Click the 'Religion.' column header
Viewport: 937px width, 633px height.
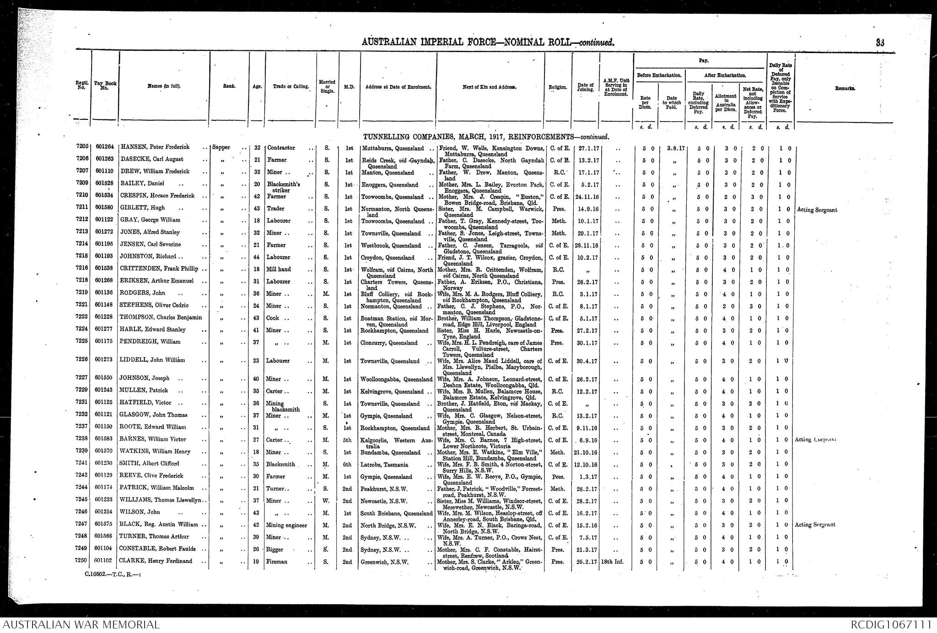[x=558, y=86]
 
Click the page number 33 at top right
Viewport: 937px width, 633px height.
[x=880, y=43]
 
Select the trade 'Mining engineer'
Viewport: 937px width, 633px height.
[x=286, y=525]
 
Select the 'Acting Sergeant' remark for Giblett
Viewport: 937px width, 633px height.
[x=817, y=210]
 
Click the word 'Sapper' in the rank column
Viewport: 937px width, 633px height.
[x=222, y=148]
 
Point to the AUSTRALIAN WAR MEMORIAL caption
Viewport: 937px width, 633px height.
[x=81, y=625]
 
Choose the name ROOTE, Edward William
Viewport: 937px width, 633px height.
[x=153, y=427]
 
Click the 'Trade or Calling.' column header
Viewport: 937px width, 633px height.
[x=291, y=86]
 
